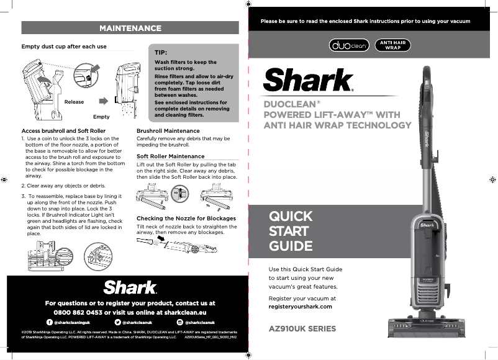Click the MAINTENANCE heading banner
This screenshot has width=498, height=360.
pyautogui.click(x=130, y=28)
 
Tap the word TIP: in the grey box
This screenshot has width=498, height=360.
pyautogui.click(x=162, y=53)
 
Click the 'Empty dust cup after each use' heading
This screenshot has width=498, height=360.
pyautogui.click(x=64, y=47)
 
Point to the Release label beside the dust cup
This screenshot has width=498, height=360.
pyautogui.click(x=74, y=102)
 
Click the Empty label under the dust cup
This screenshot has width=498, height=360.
pyautogui.click(x=101, y=117)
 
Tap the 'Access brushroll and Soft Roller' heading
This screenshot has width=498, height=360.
pyautogui.click(x=63, y=131)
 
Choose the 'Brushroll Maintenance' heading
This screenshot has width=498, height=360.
pyautogui.click(x=168, y=131)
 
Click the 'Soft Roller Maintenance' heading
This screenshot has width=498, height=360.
pyautogui.click(x=170, y=156)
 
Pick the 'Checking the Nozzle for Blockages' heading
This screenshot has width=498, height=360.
pyautogui.click(x=186, y=218)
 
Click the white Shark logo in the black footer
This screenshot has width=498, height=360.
pyautogui.click(x=130, y=287)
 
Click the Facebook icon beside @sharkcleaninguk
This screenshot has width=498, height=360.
pyautogui.click(x=49, y=323)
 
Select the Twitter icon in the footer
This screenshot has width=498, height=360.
pyautogui.click(x=118, y=323)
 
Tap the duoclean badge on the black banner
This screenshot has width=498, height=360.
pyautogui.click(x=348, y=45)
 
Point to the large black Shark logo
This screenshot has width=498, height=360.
pyautogui.click(x=309, y=81)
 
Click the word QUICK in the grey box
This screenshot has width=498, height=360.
pyautogui.click(x=291, y=217)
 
